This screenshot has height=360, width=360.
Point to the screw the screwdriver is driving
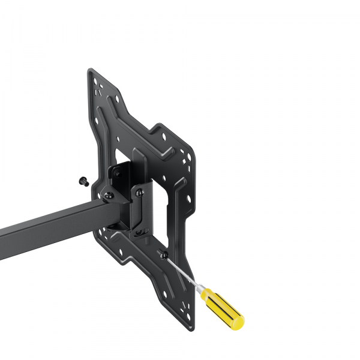[x=163, y=254]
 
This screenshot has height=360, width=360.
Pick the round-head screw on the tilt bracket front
[x=139, y=193]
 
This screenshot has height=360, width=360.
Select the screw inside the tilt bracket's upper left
[x=117, y=174]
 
